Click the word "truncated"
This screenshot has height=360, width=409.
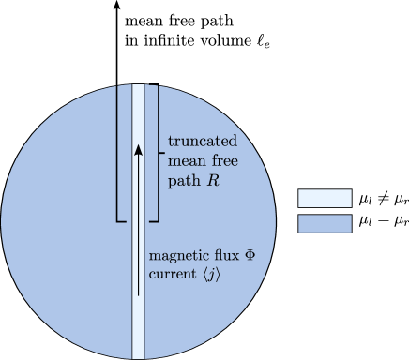[203, 141]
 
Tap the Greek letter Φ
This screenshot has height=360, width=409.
[250, 255]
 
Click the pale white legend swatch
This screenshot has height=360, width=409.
[325, 199]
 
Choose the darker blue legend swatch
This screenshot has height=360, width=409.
[325, 223]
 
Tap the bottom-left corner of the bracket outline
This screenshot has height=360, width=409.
[116, 221]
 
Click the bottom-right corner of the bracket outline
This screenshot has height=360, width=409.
[159, 221]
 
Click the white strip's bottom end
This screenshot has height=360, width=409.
[138, 356]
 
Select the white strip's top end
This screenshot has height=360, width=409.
[138, 86]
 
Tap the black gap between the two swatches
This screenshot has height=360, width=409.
[325, 211]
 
